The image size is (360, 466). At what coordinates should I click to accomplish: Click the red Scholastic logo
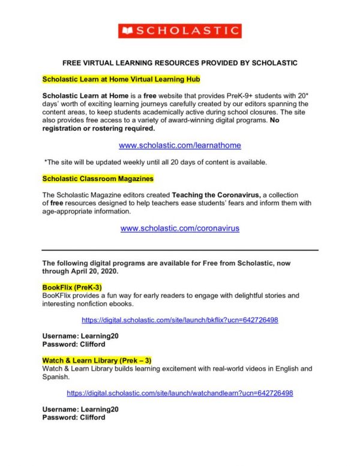[180, 31]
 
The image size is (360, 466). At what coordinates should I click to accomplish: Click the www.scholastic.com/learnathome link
[180, 145]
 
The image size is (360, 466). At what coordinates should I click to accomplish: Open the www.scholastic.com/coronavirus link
[180, 228]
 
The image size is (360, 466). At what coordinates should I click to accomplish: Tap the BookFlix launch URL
[180, 320]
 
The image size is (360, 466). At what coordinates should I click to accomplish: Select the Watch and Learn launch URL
[180, 393]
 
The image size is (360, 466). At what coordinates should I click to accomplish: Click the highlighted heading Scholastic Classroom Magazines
[98, 179]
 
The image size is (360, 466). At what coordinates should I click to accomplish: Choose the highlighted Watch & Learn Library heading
[97, 360]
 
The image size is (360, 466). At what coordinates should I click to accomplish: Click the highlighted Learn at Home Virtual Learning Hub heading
[121, 79]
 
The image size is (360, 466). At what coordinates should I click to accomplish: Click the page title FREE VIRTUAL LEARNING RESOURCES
[180, 62]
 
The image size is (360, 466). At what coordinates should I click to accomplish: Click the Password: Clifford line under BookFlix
[73, 344]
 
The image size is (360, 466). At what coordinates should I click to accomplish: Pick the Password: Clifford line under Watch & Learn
[73, 417]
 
